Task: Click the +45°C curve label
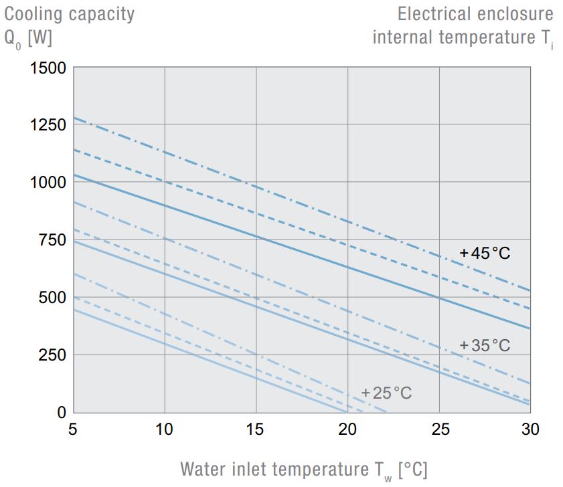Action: click(x=485, y=254)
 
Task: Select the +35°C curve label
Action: click(x=485, y=346)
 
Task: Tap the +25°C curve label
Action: click(x=386, y=393)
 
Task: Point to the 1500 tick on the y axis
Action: click(x=48, y=68)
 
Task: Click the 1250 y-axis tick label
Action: click(x=48, y=126)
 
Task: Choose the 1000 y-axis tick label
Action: click(x=48, y=183)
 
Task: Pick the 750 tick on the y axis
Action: click(x=52, y=240)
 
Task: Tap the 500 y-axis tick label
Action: click(x=52, y=298)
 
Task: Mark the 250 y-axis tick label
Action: click(x=52, y=355)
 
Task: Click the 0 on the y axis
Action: click(x=61, y=413)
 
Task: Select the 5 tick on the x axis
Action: click(x=73, y=428)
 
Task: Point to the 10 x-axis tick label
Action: click(x=165, y=428)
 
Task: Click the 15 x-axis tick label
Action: click(x=256, y=428)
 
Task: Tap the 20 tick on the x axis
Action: click(x=347, y=428)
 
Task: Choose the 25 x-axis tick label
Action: click(x=439, y=428)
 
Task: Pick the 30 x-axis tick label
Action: click(x=530, y=428)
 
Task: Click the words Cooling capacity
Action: click(x=70, y=13)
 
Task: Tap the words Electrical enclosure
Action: click(x=475, y=13)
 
